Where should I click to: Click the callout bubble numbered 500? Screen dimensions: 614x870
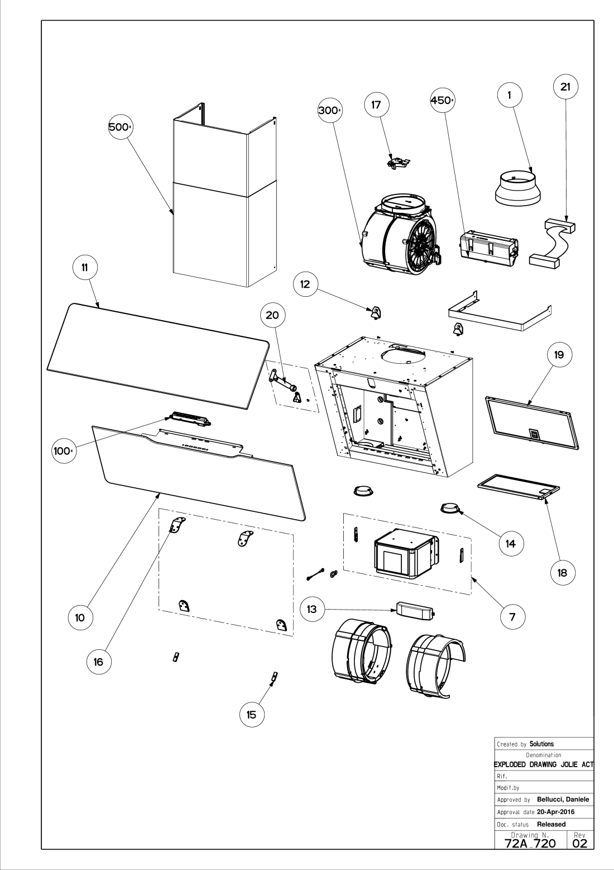(120, 127)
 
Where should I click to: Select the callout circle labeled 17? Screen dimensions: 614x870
(377, 105)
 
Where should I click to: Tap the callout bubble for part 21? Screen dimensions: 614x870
(565, 87)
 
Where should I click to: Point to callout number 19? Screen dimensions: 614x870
(559, 355)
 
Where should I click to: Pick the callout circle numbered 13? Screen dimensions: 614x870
(312, 610)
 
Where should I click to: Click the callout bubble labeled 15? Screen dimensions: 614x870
(252, 715)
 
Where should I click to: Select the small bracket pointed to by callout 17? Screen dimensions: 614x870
(399, 162)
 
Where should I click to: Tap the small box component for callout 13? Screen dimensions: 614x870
(415, 611)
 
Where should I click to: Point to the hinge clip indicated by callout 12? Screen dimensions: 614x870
(375, 312)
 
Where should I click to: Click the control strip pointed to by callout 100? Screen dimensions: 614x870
(190, 419)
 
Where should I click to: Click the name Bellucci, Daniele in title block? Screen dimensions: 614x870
(563, 799)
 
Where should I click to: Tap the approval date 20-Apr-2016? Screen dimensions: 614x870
(556, 812)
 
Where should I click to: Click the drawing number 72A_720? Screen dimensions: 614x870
(530, 843)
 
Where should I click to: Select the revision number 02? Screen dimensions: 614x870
(580, 843)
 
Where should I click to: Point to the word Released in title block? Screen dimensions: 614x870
(551, 824)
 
